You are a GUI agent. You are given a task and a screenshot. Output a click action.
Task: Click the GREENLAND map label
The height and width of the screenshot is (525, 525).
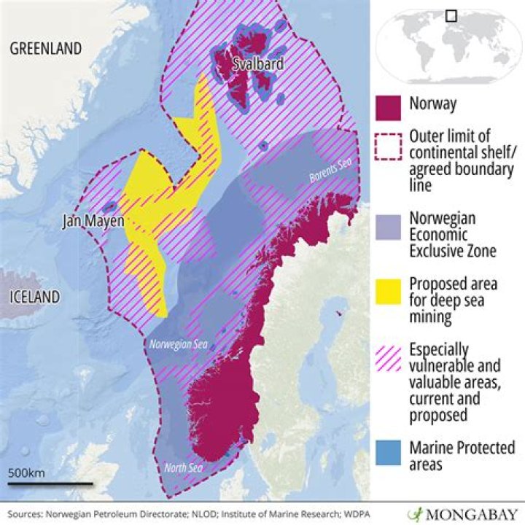(x=45, y=48)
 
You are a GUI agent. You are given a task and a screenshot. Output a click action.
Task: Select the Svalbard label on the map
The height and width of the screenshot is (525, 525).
(x=257, y=65)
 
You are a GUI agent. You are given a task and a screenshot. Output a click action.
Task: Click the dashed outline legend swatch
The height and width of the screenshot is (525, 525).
(x=388, y=148)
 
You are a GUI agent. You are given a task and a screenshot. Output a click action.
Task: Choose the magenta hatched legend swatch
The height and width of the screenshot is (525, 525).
(x=388, y=357)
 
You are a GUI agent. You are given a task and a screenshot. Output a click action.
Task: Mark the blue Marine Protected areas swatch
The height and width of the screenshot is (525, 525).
(x=388, y=450)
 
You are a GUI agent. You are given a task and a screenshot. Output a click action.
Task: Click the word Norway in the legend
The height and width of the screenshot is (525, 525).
(x=432, y=104)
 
